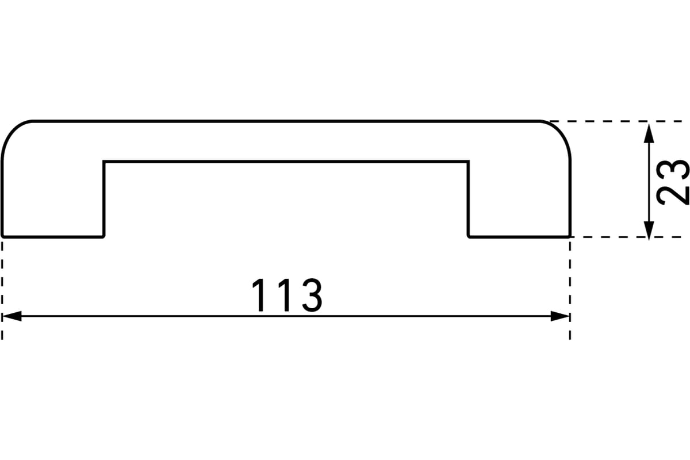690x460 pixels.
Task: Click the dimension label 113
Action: [x=287, y=295]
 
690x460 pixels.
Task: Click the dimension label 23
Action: [x=672, y=183]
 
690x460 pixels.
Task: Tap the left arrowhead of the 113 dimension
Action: [x=11, y=316]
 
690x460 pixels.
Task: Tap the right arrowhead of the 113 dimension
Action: [x=559, y=316]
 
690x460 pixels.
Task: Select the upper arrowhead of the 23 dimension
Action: [x=649, y=133]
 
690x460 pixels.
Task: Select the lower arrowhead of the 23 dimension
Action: [x=649, y=231]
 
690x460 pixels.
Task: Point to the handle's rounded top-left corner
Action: [x=11, y=131]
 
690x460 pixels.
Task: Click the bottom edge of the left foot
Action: [x=53, y=237]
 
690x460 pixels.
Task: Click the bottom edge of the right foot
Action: [x=519, y=237]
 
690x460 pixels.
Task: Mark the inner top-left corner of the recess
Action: [x=104, y=162]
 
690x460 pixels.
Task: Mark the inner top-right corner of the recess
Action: [x=468, y=162]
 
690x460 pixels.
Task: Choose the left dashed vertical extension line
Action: [x=2, y=290]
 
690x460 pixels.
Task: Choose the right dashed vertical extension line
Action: [x=570, y=290]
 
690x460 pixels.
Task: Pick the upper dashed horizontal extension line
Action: [x=616, y=121]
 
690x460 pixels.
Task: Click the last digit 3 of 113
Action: [x=312, y=295]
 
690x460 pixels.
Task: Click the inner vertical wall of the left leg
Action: [x=104, y=199]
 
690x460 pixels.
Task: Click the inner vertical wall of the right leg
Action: [x=468, y=199]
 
